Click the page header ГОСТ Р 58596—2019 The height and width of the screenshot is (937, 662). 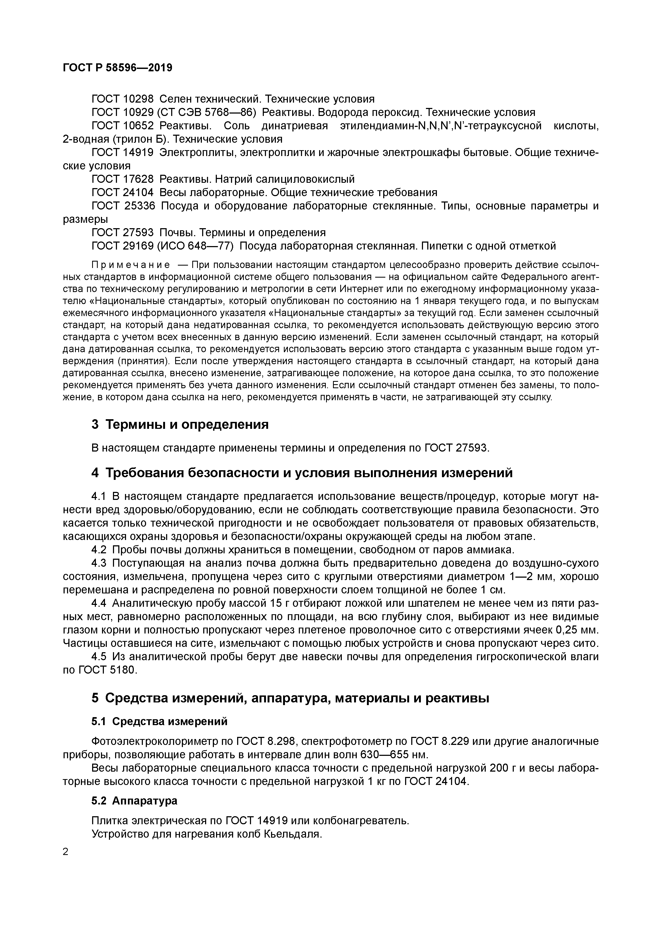pos(117,68)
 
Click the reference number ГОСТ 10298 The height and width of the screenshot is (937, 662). pos(122,99)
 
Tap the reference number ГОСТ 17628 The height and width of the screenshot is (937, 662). pos(122,179)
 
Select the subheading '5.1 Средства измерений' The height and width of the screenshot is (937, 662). pos(159,721)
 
